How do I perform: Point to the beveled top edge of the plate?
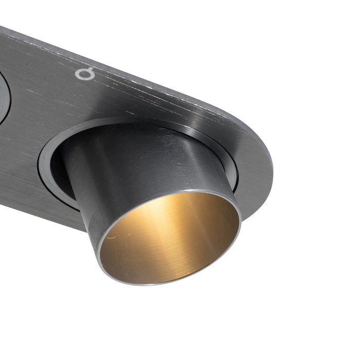coord(154,72)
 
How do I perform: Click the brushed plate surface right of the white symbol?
coord(134,87)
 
